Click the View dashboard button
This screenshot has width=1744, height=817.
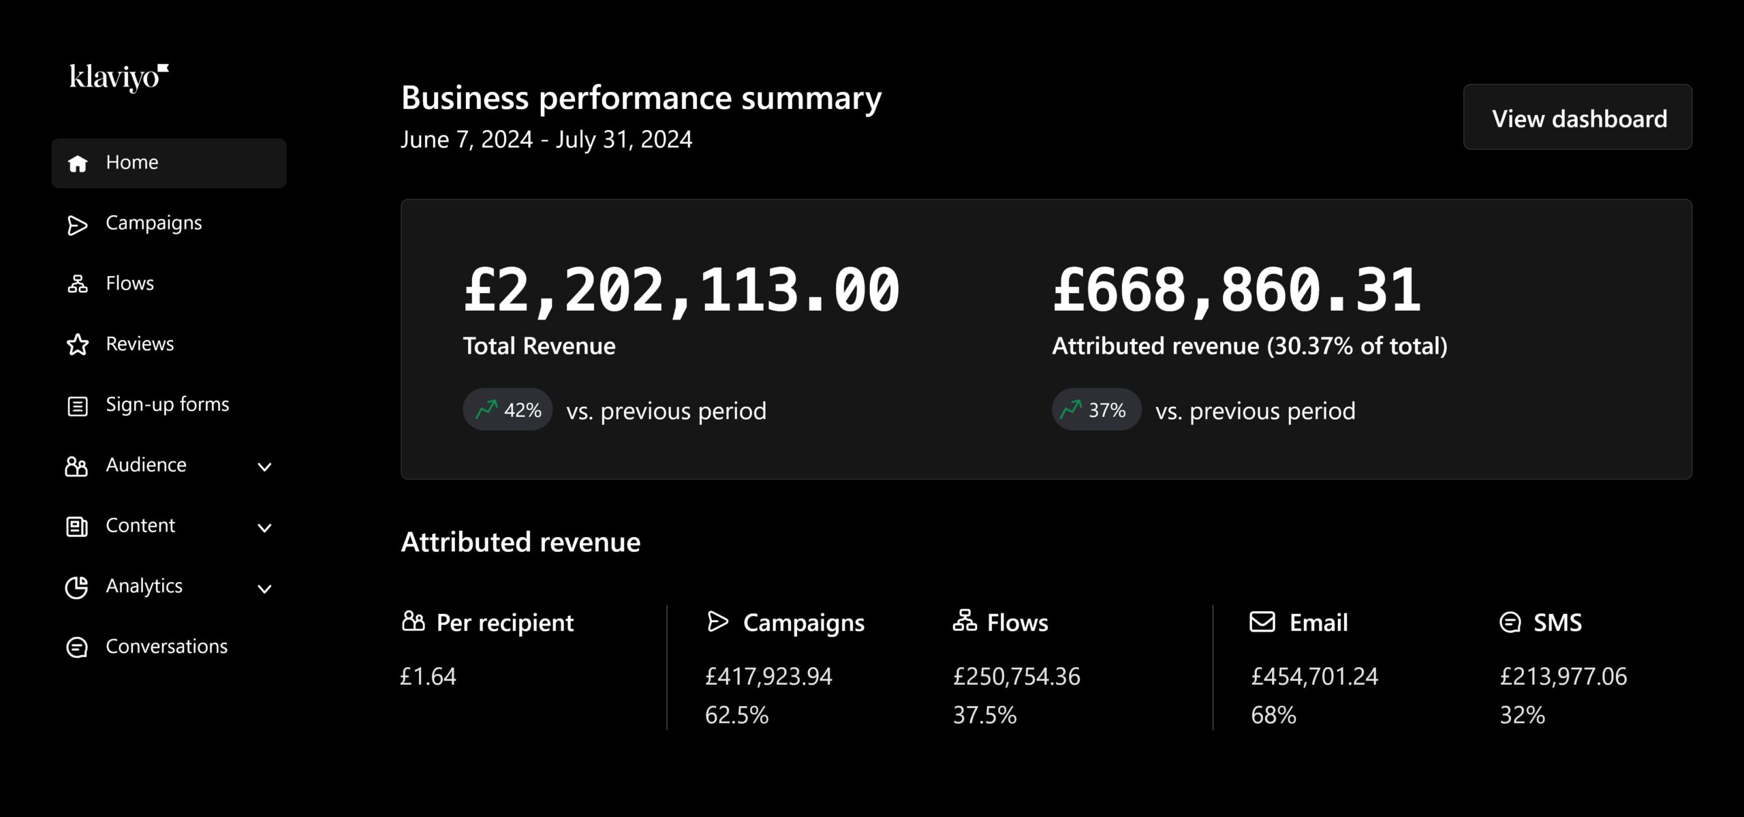[x=1577, y=118]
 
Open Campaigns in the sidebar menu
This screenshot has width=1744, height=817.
[x=153, y=223]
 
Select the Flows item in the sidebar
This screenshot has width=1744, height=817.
[x=129, y=283]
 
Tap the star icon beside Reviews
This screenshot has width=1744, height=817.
[x=78, y=345]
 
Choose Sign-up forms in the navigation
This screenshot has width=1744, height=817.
[x=167, y=405]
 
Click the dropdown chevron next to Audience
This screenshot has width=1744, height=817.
[x=264, y=467]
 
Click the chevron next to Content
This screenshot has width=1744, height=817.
[x=264, y=527]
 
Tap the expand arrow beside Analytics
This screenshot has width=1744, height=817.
[x=264, y=589]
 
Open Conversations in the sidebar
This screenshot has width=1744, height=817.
[x=166, y=647]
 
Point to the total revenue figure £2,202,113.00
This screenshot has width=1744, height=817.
[x=681, y=291]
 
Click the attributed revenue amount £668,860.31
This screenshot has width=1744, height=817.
[x=1236, y=291]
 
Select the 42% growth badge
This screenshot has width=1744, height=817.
[x=508, y=410]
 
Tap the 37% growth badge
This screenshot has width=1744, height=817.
[x=1096, y=410]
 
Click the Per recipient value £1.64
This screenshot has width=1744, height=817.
[x=428, y=677]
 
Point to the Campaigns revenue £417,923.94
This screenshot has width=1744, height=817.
[x=768, y=677]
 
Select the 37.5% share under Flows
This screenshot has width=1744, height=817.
[x=984, y=715]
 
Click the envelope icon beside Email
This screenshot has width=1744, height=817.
[x=1262, y=622]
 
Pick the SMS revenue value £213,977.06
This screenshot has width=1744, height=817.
[x=1563, y=677]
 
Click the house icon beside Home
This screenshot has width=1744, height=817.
[x=78, y=164]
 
